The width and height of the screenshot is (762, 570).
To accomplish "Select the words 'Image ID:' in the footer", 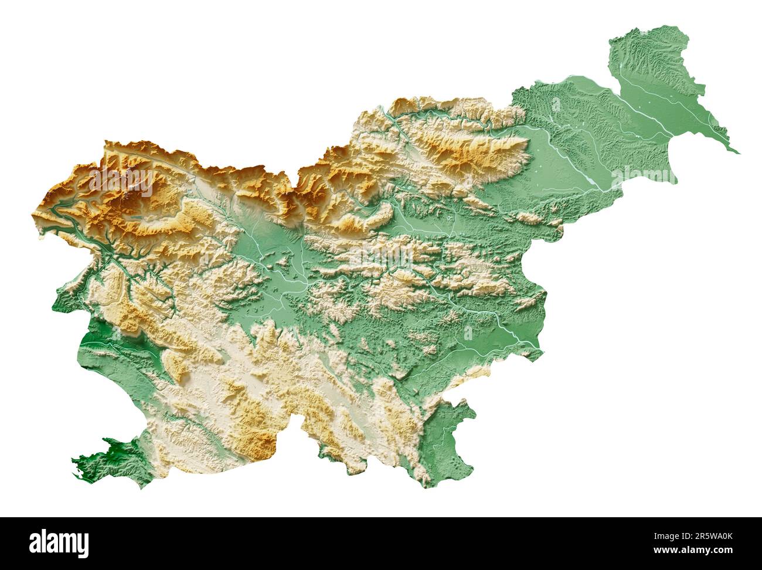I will pyautogui.click(x=668, y=535).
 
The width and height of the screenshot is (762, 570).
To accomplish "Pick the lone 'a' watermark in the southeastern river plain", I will pyautogui.click(x=468, y=333).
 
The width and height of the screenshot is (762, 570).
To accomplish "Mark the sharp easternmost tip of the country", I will pyautogui.click(x=739, y=153).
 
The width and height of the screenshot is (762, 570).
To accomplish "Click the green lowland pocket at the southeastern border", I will pyautogui.click(x=448, y=434).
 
